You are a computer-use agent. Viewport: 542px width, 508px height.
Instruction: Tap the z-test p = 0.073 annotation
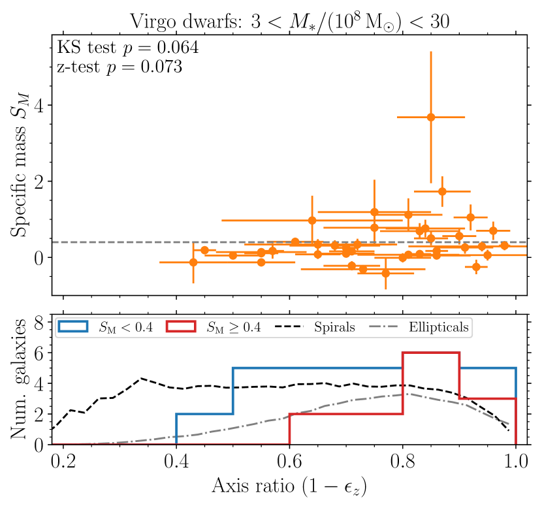[120, 67]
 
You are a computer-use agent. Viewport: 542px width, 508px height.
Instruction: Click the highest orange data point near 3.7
[431, 117]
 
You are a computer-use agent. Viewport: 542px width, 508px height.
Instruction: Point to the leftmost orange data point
[193, 262]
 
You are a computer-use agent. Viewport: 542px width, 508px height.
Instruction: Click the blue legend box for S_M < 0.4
[76, 327]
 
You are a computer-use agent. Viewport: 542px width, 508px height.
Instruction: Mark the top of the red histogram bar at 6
[431, 353]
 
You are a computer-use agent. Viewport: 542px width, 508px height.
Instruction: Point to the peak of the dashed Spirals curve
[140, 378]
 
